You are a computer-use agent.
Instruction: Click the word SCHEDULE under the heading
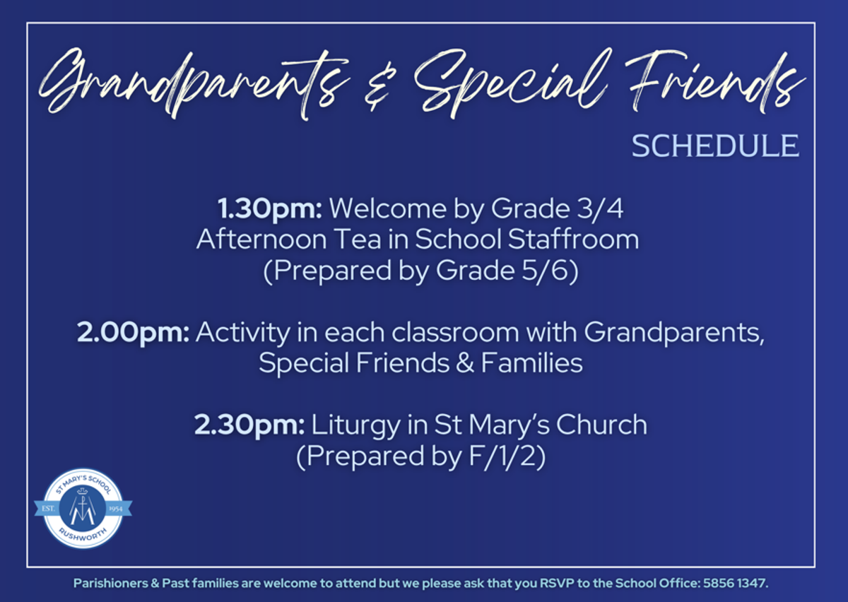715,146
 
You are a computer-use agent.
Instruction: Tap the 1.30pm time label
269,209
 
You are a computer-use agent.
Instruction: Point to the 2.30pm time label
249,425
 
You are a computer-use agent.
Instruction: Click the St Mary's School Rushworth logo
83,508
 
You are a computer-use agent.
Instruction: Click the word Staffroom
573,240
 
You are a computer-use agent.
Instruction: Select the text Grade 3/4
557,208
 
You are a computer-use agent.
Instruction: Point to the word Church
601,425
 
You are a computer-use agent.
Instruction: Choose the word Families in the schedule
531,363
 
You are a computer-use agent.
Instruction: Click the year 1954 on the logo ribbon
116,509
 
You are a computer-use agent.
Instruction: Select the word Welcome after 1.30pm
388,208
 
